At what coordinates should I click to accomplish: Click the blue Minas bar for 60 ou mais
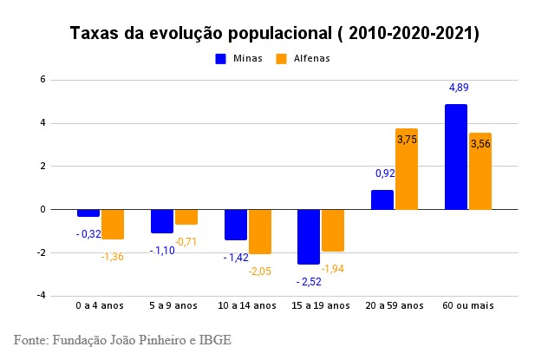pyautogui.click(x=456, y=157)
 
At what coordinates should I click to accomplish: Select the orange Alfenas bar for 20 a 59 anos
pyautogui.click(x=407, y=169)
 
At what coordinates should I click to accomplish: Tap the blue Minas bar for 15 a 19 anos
pyautogui.click(x=309, y=236)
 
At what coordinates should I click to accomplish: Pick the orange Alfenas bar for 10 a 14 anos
pyautogui.click(x=260, y=231)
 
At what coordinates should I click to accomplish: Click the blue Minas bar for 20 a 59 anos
pyautogui.click(x=382, y=200)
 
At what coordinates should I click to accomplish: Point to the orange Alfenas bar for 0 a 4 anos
pyautogui.click(x=113, y=224)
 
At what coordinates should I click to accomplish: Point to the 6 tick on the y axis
pyautogui.click(x=42, y=80)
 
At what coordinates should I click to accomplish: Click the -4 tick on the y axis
pyautogui.click(x=41, y=296)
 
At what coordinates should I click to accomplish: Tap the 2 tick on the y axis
pyautogui.click(x=42, y=166)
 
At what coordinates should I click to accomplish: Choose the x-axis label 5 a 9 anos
pyautogui.click(x=174, y=305)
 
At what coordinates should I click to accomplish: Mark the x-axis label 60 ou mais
pyautogui.click(x=468, y=305)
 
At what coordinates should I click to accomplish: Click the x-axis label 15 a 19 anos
pyautogui.click(x=321, y=305)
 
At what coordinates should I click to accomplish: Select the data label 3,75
pyautogui.click(x=407, y=139)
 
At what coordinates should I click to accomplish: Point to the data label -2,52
pyautogui.click(x=310, y=281)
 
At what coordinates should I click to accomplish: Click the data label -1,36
pyautogui.click(x=112, y=256)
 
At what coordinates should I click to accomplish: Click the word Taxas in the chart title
pyautogui.click(x=95, y=34)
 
